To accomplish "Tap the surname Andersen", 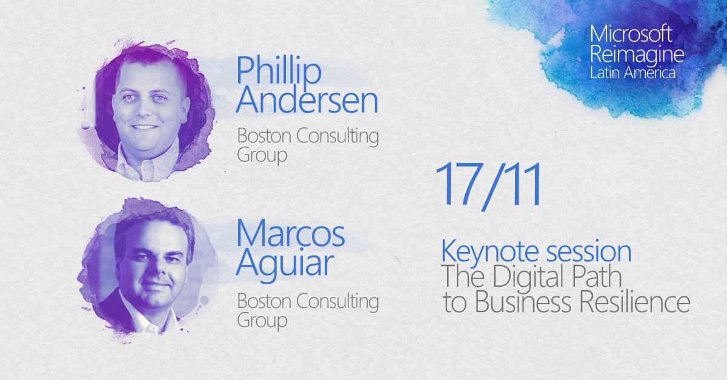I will pos(307,102).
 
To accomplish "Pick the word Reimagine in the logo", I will pos(637,55).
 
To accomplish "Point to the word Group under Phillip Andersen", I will pos(262,156).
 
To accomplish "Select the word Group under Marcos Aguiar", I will pos(262,319).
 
